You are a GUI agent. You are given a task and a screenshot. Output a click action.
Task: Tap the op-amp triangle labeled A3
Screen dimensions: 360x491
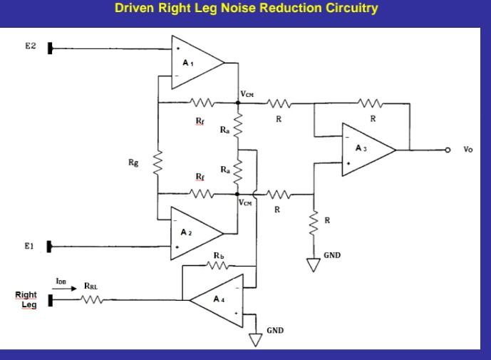[365, 150]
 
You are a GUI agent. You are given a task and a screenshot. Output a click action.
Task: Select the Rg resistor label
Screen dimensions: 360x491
[133, 163]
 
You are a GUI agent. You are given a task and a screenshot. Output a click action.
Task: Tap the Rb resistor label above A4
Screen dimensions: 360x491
[219, 254]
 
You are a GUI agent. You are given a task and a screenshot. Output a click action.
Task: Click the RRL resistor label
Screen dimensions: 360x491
[91, 287]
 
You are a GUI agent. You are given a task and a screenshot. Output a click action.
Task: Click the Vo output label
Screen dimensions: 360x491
[467, 150]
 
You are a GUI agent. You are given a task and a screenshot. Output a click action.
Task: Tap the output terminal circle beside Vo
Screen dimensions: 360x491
[448, 150]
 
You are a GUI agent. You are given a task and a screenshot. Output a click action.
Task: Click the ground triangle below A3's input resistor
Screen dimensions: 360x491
[312, 265]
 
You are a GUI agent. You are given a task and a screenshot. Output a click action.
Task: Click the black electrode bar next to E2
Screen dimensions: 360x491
[51, 48]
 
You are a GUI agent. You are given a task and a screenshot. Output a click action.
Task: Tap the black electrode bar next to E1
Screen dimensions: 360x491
[51, 247]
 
